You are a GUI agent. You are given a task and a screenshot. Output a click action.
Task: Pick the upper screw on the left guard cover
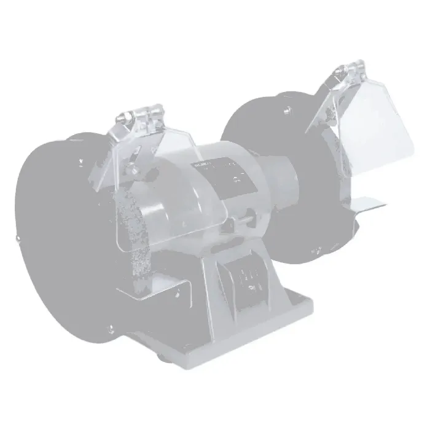80,161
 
